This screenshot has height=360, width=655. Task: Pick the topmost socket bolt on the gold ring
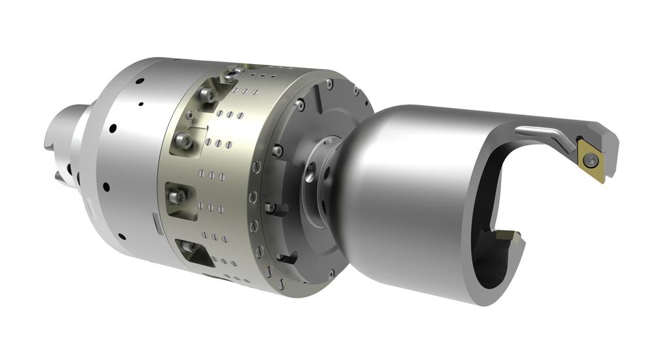click(x=208, y=96)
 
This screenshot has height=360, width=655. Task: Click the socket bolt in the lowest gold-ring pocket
click(x=189, y=247)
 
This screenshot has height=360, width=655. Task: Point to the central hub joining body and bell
click(x=321, y=180)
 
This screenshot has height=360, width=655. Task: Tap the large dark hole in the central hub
click(x=309, y=175)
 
